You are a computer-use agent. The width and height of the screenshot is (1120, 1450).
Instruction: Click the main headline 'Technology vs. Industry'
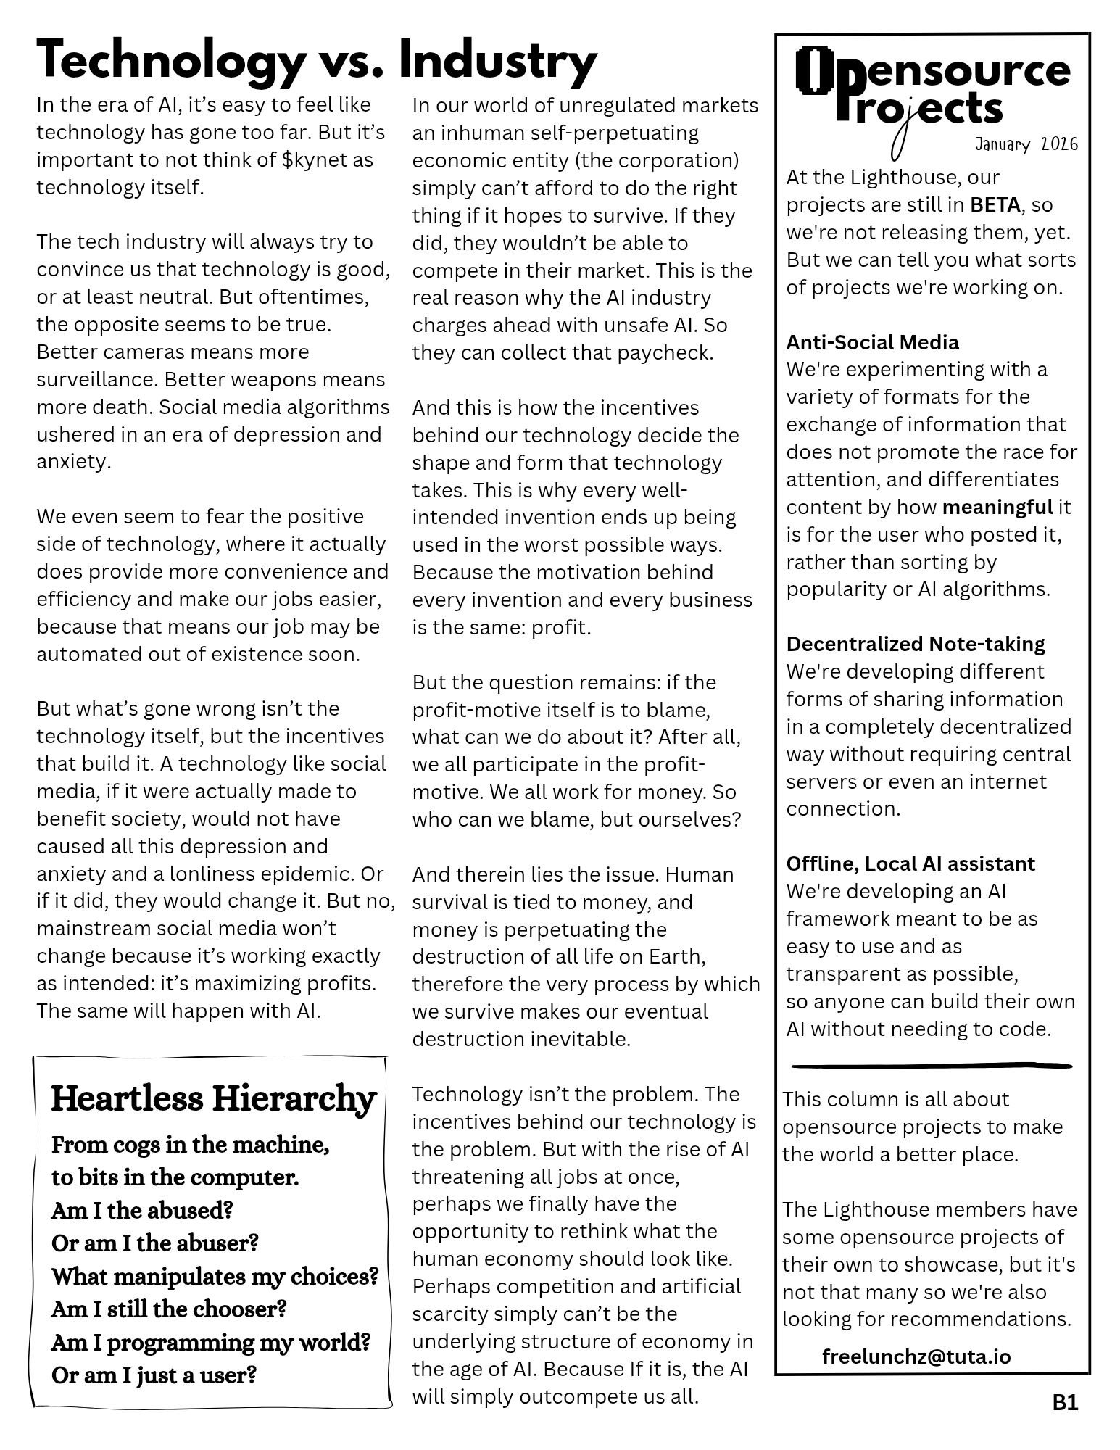point(317,61)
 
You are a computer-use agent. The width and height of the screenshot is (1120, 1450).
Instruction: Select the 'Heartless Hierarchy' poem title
point(214,1098)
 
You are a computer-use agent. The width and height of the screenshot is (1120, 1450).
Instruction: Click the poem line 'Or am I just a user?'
point(154,1375)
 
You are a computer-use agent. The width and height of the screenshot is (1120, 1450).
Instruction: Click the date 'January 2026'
point(1026,144)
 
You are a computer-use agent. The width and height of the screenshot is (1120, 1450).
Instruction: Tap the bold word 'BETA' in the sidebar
point(995,205)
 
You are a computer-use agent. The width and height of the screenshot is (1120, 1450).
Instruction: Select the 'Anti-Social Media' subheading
point(872,342)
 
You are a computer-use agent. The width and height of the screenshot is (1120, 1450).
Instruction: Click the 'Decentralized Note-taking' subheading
point(915,644)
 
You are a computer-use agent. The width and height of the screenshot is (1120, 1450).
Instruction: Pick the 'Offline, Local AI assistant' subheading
point(910,863)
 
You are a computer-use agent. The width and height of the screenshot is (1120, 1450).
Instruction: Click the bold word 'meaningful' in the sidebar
point(997,507)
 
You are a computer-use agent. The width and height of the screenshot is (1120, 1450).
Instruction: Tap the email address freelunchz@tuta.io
point(916,1356)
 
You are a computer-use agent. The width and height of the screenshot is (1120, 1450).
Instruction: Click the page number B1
point(1065,1402)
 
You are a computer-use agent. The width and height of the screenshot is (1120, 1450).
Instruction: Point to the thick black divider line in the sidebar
point(932,1066)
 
